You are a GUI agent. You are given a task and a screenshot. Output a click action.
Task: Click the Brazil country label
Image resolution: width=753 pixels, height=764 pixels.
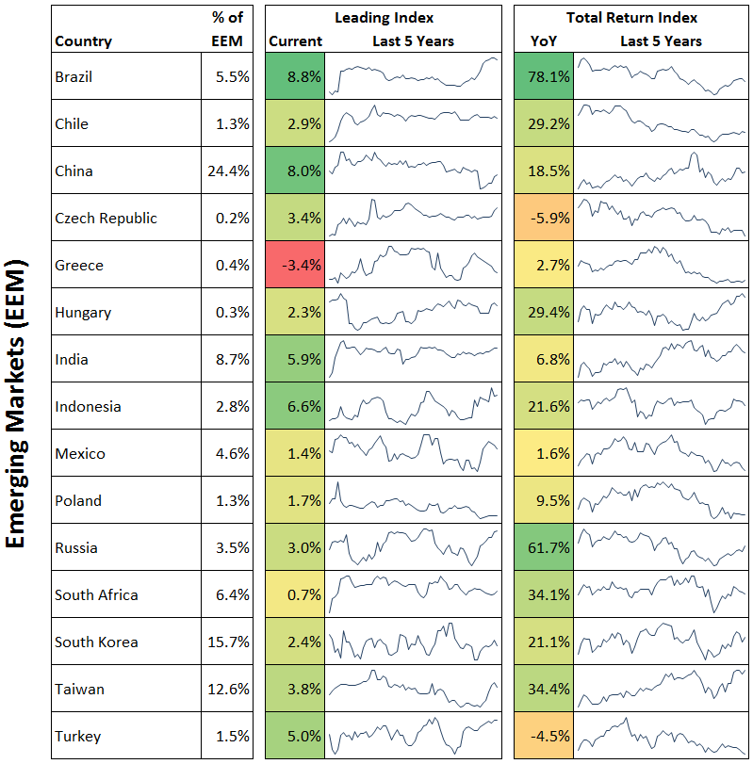coord(74,77)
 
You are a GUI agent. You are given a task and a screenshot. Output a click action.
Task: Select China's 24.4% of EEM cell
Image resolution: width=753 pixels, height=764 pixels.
coord(228,171)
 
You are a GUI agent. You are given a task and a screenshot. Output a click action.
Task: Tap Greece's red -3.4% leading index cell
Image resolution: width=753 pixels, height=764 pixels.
coord(295,265)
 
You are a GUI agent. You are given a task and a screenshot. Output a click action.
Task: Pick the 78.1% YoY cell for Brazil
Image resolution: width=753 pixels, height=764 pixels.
coord(544,77)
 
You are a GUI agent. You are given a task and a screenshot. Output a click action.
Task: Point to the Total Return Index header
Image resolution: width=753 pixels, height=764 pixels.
coord(631,18)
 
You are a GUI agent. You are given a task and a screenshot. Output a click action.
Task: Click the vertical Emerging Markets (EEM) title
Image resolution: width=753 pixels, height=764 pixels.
coord(20,404)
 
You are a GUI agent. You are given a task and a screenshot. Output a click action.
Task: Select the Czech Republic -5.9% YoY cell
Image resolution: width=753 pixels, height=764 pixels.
coord(544,218)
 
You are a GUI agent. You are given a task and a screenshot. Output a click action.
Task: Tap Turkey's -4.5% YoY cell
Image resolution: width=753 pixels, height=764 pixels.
coord(544,736)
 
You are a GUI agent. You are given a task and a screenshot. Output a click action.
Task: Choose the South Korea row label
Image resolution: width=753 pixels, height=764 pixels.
coord(96,642)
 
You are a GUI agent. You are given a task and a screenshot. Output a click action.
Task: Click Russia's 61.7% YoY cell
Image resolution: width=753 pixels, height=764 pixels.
coord(544,547)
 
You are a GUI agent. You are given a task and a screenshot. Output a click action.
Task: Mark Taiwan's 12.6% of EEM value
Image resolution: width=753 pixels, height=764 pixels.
coord(228,689)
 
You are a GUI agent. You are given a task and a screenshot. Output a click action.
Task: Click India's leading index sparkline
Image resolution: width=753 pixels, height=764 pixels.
coord(413,359)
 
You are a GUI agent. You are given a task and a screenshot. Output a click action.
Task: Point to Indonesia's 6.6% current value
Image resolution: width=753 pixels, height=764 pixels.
coord(295,406)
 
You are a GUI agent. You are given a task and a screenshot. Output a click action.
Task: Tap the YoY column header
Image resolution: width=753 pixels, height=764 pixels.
coord(543,41)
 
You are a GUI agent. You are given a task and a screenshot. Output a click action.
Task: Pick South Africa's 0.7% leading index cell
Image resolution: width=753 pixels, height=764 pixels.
coord(295,594)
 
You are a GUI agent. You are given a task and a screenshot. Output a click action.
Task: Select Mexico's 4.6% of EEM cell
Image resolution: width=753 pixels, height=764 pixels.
coord(228,453)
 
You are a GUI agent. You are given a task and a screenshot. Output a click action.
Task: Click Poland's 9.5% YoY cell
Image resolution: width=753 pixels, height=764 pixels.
coord(544,500)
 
